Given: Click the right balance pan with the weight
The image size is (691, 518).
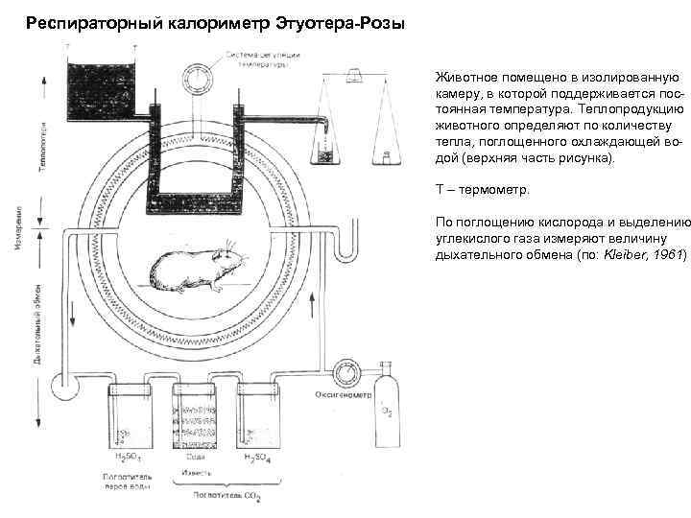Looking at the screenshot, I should tap(383, 153).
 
